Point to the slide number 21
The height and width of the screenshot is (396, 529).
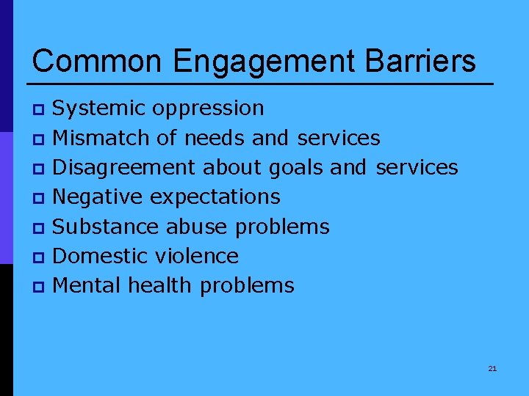pyautogui.click(x=492, y=368)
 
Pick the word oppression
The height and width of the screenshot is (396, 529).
pyautogui.click(x=208, y=109)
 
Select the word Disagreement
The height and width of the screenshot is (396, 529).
pyautogui.click(x=125, y=167)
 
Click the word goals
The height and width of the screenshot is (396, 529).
pyautogui.click(x=298, y=167)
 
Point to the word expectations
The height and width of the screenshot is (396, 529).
pyautogui.click(x=215, y=197)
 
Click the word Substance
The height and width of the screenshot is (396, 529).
pyautogui.click(x=107, y=227)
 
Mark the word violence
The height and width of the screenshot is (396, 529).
pyautogui.click(x=197, y=256)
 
